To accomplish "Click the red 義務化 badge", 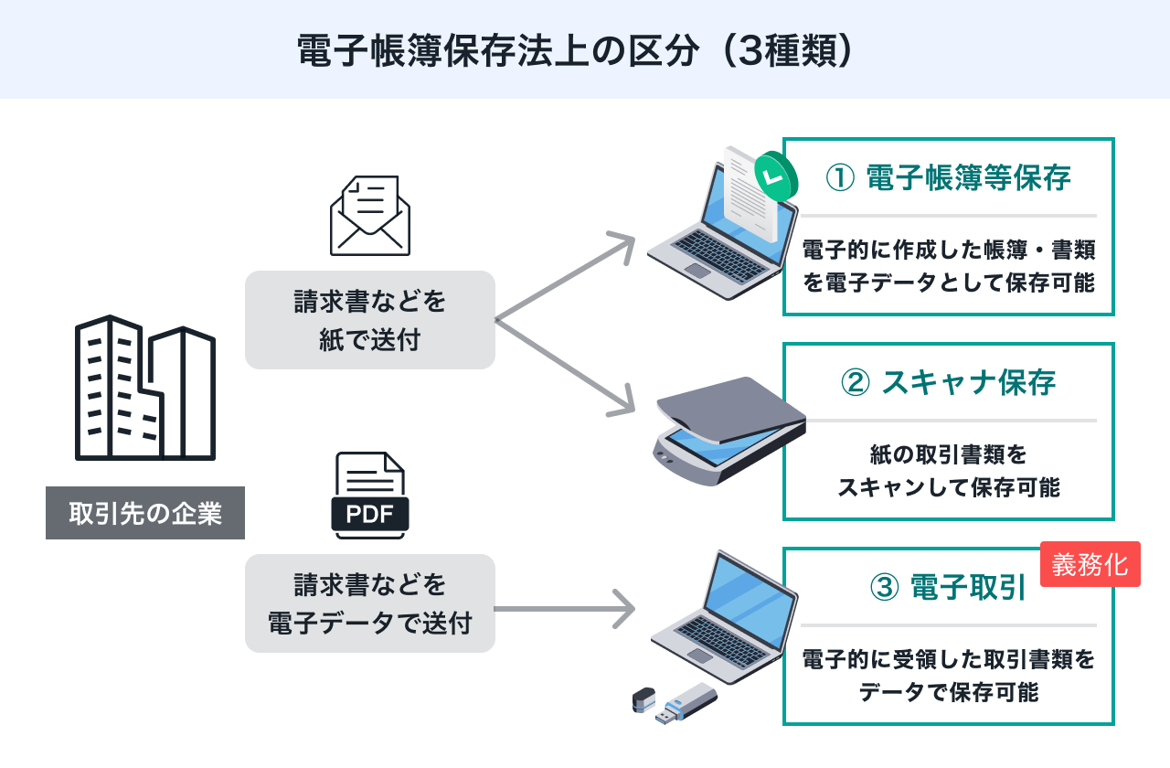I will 1090,564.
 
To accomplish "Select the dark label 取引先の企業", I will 145,513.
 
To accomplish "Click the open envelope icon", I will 370,216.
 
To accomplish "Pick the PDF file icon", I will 369,495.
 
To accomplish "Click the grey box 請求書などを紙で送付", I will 369,320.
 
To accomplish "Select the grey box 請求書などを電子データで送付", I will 369,603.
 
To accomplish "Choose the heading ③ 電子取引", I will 948,588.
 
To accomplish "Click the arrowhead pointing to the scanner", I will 625,403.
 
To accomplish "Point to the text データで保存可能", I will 948,692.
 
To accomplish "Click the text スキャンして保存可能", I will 948,487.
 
